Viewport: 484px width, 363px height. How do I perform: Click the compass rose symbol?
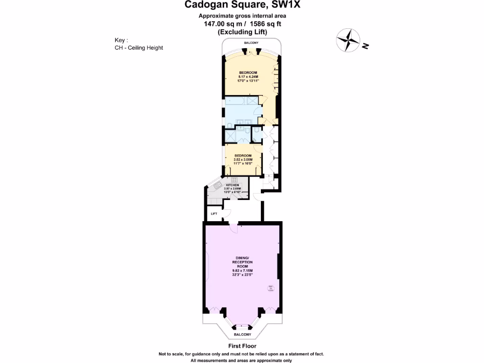pyautogui.click(x=347, y=40)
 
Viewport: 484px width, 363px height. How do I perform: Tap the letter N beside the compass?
pyautogui.click(x=365, y=46)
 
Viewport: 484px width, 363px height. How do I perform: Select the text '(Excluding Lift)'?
pyautogui.click(x=242, y=32)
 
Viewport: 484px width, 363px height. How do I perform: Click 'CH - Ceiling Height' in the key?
pyautogui.click(x=139, y=48)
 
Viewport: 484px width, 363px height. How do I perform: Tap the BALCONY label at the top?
pyautogui.click(x=251, y=43)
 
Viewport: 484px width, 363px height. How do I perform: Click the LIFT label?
pyautogui.click(x=214, y=214)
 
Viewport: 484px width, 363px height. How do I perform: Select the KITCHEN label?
pyautogui.click(x=232, y=185)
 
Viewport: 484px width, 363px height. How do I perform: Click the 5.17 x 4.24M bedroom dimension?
pyautogui.click(x=247, y=77)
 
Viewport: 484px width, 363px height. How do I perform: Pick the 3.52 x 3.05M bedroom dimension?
pyautogui.click(x=243, y=159)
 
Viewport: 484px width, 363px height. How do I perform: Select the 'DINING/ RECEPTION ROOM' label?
pyautogui.click(x=242, y=262)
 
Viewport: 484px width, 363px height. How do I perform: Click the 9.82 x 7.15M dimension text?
pyautogui.click(x=242, y=271)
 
